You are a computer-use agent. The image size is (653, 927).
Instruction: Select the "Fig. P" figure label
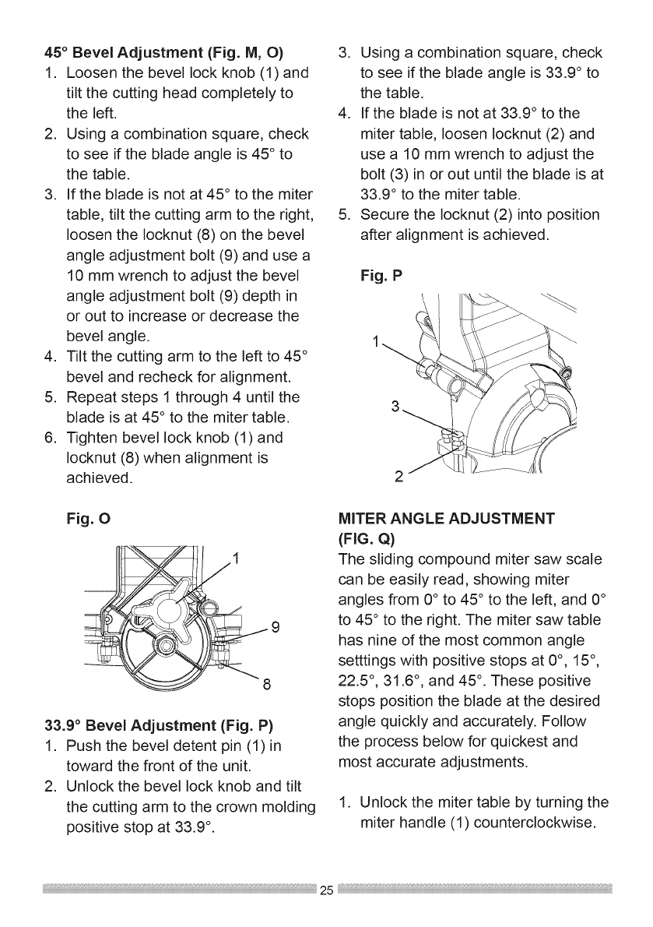click(x=381, y=275)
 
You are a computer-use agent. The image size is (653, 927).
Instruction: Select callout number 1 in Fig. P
click(x=377, y=340)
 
